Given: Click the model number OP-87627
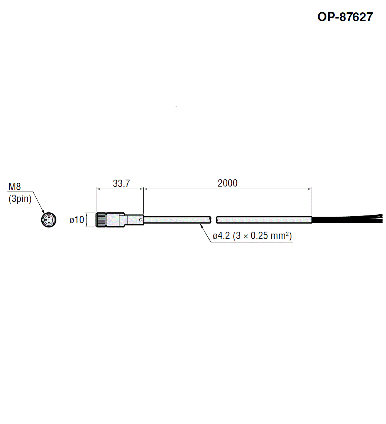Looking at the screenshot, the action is [x=345, y=17].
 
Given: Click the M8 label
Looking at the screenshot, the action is [x=15, y=186].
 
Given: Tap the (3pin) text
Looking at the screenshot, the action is [x=20, y=199].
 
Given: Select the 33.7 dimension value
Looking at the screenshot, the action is [x=121, y=183].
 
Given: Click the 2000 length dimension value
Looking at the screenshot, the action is [x=227, y=183].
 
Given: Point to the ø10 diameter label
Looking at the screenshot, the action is [x=77, y=220].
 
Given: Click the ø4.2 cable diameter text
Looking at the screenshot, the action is [x=221, y=236].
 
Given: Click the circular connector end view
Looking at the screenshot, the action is [x=49, y=220].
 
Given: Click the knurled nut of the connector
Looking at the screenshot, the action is [x=101, y=220].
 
